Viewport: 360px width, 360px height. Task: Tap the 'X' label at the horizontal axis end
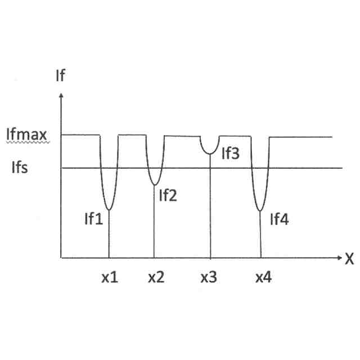coord(349,259)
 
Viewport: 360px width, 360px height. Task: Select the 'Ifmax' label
coord(26,136)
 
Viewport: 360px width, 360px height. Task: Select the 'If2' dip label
coord(168,196)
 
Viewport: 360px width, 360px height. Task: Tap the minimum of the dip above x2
coord(154,185)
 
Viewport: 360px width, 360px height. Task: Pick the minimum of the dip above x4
coord(260,211)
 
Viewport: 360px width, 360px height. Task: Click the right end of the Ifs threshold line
coord(342,168)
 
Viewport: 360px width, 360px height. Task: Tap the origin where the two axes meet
coord(60,258)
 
